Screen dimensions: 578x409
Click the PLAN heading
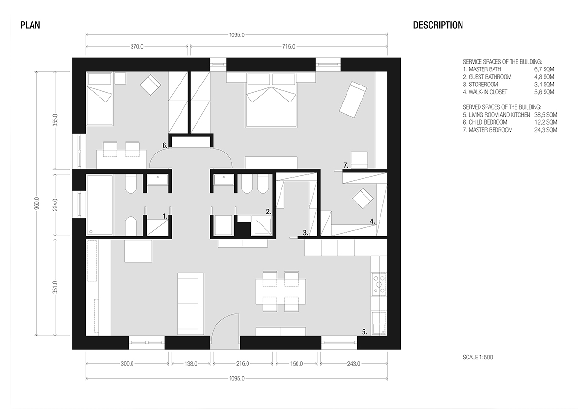click(30, 25)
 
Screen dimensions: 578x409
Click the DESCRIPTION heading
click(438, 25)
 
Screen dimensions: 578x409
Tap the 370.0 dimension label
click(137, 47)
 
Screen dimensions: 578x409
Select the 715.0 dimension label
click(289, 47)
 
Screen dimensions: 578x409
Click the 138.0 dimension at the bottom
click(191, 364)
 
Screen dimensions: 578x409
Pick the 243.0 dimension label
click(353, 364)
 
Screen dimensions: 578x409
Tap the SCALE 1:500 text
click(478, 357)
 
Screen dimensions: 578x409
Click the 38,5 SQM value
click(545, 115)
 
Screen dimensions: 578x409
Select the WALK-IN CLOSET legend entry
click(485, 92)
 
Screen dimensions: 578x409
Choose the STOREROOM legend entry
click(480, 85)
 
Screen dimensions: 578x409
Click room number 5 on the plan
click(364, 332)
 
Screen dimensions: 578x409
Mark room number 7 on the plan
click(346, 165)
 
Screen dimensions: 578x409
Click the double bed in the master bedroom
click(271, 101)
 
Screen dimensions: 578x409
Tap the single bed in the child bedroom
click(99, 99)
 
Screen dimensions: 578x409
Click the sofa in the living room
click(191, 304)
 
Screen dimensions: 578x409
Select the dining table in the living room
click(281, 291)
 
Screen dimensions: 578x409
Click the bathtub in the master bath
click(99, 204)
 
